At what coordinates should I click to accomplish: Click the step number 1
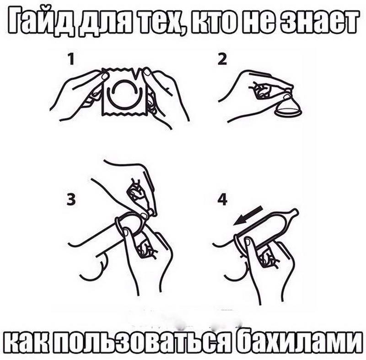tap(71, 59)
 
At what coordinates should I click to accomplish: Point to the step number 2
tap(222, 59)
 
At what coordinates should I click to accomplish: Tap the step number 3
tap(71, 200)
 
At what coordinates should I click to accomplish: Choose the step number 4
tap(222, 200)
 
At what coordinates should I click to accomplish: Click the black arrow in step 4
tap(248, 215)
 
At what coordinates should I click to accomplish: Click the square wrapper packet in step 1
tap(124, 91)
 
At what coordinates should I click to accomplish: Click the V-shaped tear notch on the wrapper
tap(136, 73)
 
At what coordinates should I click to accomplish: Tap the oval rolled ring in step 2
tap(288, 112)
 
